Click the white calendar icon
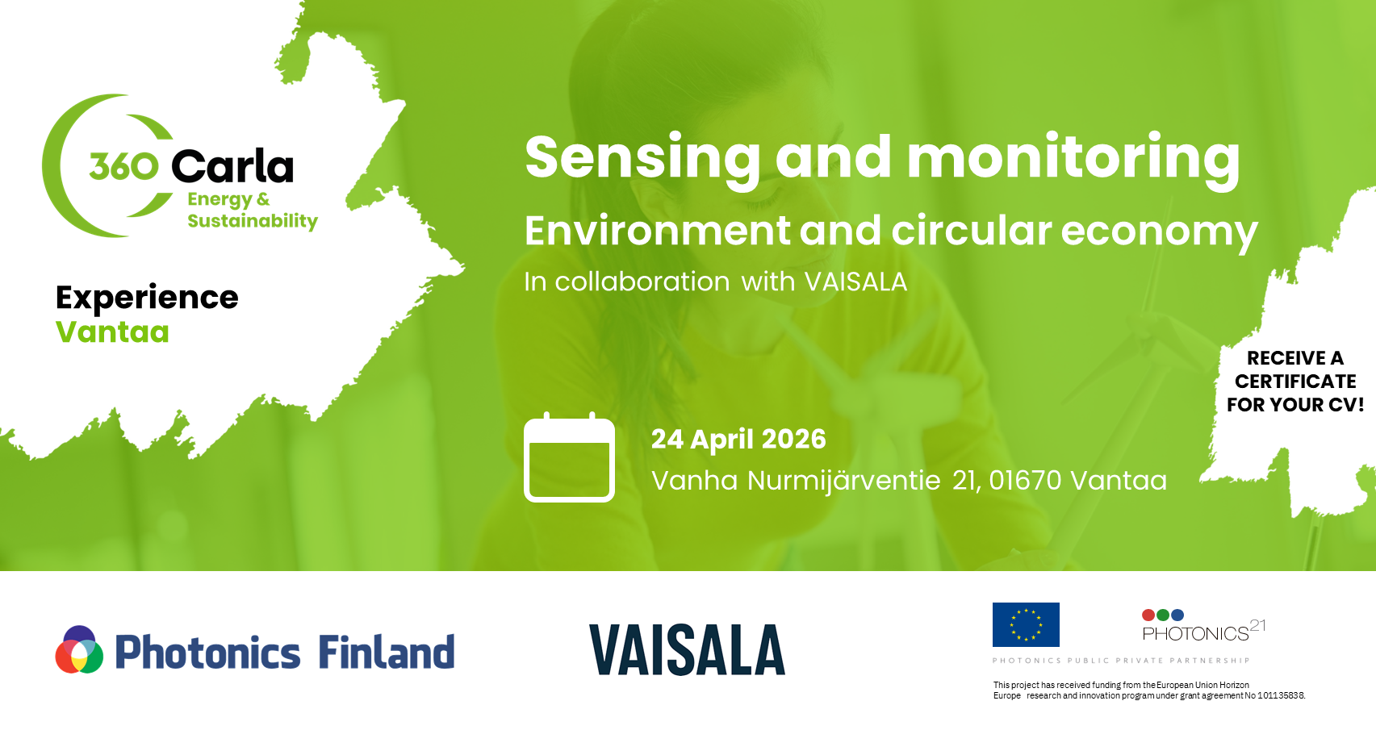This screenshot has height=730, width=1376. pyautogui.click(x=569, y=457)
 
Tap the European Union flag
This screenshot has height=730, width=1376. pyautogui.click(x=1026, y=624)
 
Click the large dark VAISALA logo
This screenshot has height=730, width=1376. pyautogui.click(x=687, y=649)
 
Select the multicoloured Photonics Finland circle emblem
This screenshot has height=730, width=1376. pyautogui.click(x=79, y=649)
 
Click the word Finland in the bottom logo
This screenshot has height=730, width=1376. pyautogui.click(x=387, y=652)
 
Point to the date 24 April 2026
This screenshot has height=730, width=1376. pyautogui.click(x=738, y=439)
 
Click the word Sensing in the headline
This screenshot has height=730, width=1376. pyautogui.click(x=642, y=159)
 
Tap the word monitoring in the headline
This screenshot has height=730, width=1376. pyautogui.click(x=1073, y=159)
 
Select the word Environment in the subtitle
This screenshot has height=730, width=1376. pyautogui.click(x=657, y=230)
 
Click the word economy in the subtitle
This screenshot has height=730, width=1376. pyautogui.click(x=1159, y=232)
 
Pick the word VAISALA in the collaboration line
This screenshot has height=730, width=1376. pyautogui.click(x=855, y=282)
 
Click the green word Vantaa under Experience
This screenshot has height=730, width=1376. pyautogui.click(x=112, y=332)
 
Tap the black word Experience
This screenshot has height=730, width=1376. pyautogui.click(x=147, y=298)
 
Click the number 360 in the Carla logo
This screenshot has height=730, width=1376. pyautogui.click(x=124, y=166)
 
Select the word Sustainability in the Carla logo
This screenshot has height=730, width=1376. pyautogui.click(x=253, y=221)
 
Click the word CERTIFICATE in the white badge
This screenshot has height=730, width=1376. pyautogui.click(x=1295, y=382)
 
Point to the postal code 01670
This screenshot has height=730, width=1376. pyautogui.click(x=1025, y=480)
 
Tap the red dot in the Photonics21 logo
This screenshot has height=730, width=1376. pyautogui.click(x=1148, y=615)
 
